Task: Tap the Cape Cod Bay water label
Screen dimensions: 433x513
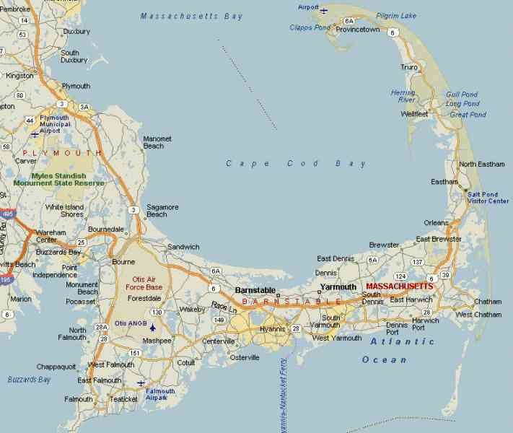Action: (296, 164)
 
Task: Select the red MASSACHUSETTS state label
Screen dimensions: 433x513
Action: (399, 287)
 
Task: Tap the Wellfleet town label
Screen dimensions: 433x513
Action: (414, 114)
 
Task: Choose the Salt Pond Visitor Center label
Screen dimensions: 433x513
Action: (488, 197)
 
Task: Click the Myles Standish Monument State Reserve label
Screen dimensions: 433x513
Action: (58, 180)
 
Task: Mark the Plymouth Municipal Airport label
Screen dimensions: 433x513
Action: (54, 124)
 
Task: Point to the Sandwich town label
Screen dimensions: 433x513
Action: (183, 247)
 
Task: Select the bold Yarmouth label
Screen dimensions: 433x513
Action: (338, 287)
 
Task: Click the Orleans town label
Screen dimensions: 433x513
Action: (437, 222)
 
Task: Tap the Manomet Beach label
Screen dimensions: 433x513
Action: (153, 141)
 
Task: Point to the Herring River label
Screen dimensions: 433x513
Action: (403, 96)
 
